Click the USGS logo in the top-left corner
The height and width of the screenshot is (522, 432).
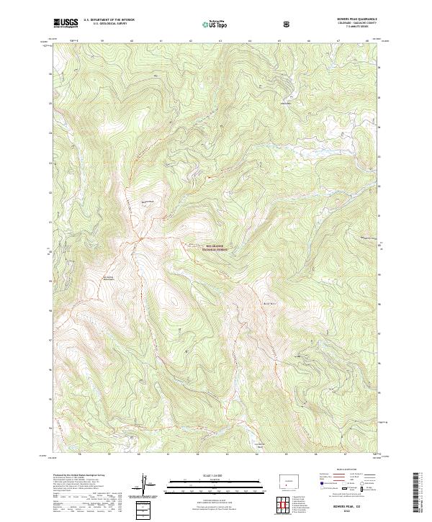click(x=66, y=22)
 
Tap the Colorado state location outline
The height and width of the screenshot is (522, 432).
click(x=289, y=478)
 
